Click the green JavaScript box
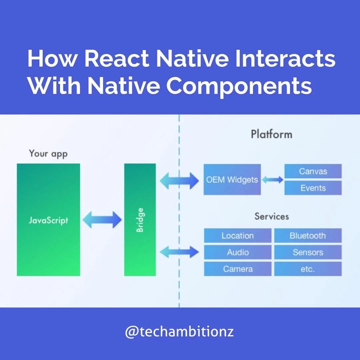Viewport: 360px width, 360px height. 48,220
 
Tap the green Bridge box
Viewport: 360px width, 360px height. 140,220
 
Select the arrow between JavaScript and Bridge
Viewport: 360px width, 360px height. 102,220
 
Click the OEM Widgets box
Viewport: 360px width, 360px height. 232,179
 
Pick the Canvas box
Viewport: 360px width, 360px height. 313,171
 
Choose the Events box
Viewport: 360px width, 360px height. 313,188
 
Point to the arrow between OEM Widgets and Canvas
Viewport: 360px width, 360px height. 272,180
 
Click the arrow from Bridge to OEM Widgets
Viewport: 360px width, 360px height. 179,181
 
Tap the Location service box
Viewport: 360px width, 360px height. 237,236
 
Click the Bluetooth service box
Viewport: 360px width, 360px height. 308,236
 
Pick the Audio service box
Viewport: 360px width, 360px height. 237,252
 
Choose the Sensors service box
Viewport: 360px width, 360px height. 308,252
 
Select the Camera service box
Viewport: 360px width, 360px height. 237,269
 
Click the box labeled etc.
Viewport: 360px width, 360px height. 308,269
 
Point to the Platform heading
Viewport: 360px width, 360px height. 271,134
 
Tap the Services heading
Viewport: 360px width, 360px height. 271,216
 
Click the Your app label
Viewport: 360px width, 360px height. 48,154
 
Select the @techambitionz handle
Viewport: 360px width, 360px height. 179,332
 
